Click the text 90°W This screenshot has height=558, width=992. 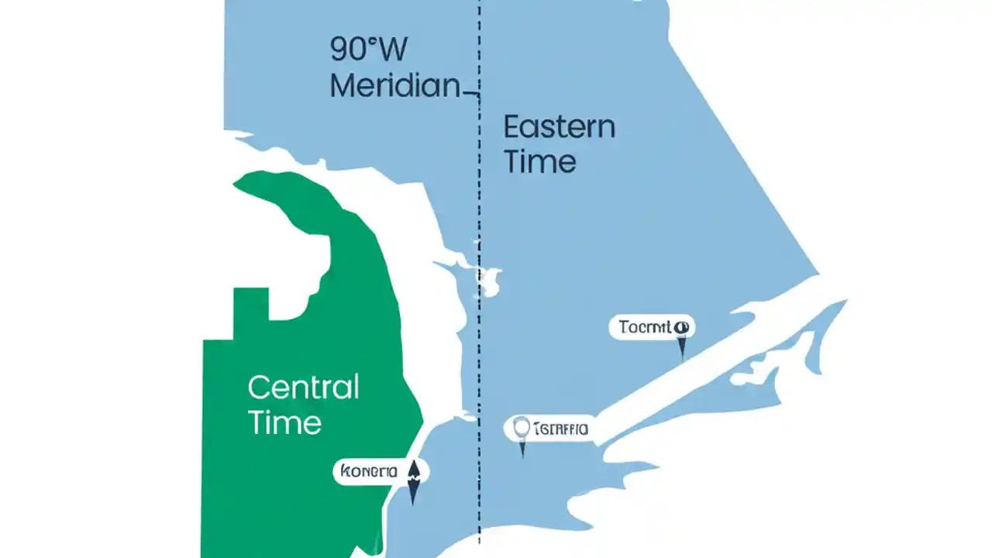pyautogui.click(x=368, y=50)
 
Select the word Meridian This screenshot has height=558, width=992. pyautogui.click(x=395, y=85)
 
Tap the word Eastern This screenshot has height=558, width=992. pyautogui.click(x=559, y=127)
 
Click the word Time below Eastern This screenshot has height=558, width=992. pyautogui.click(x=539, y=162)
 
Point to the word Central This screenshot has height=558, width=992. pyautogui.click(x=303, y=387)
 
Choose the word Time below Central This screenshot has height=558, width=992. pyautogui.click(x=284, y=423)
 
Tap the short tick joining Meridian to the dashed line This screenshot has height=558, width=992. pyautogui.click(x=470, y=95)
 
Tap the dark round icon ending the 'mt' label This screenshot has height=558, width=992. pyautogui.click(x=682, y=327)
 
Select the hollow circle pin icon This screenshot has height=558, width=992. pyautogui.click(x=522, y=427)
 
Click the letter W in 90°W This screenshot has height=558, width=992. pyautogui.click(x=392, y=50)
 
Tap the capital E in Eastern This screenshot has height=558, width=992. pyautogui.click(x=511, y=127)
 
